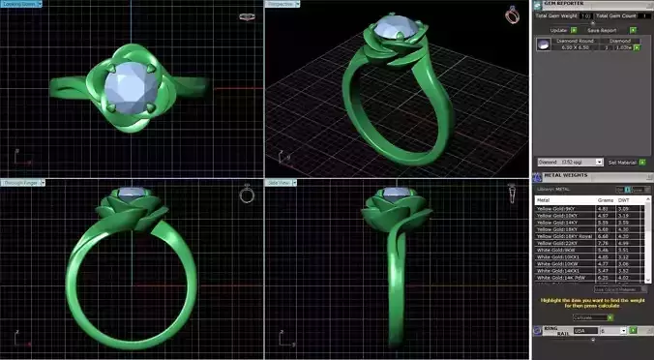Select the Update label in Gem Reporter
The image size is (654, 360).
(558, 30)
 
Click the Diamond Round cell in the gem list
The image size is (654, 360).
(579, 41)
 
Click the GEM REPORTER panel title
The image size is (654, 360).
(561, 6)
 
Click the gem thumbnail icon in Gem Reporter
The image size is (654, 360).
(544, 45)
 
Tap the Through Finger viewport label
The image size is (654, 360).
(21, 181)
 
